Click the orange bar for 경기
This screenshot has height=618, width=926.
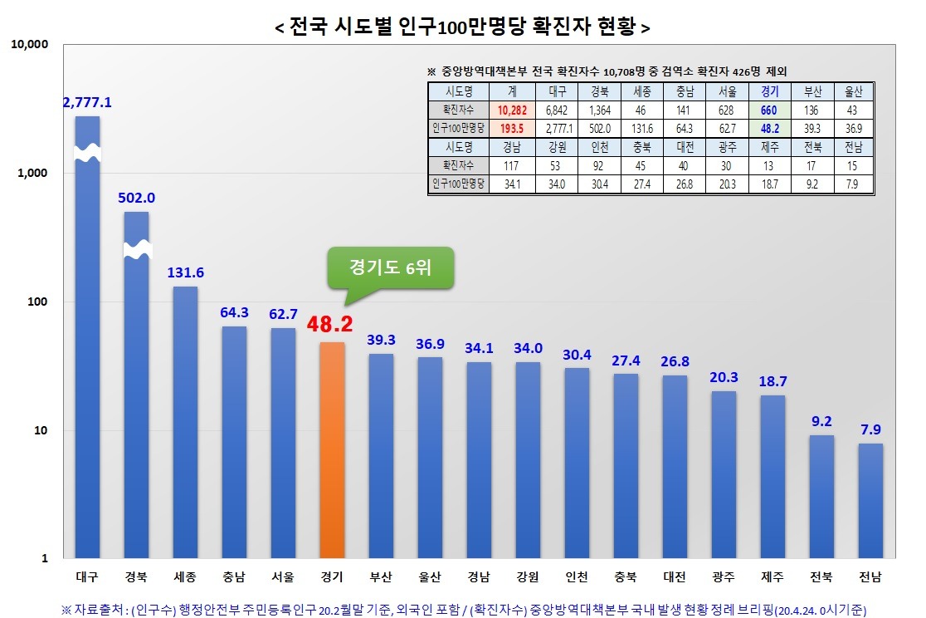tap(332, 449)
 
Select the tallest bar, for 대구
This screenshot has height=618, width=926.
tap(87, 349)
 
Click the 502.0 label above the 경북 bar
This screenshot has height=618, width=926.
tap(137, 198)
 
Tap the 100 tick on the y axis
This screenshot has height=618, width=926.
tap(38, 302)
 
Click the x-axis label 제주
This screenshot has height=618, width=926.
tap(772, 577)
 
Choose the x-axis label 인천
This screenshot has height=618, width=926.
tap(577, 577)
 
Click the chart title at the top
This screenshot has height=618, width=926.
tap(462, 27)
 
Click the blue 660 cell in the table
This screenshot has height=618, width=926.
tap(768, 110)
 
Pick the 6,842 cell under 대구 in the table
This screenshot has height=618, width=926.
tap(555, 110)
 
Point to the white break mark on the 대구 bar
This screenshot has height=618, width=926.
tap(87, 154)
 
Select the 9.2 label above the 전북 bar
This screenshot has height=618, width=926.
tap(821, 421)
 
